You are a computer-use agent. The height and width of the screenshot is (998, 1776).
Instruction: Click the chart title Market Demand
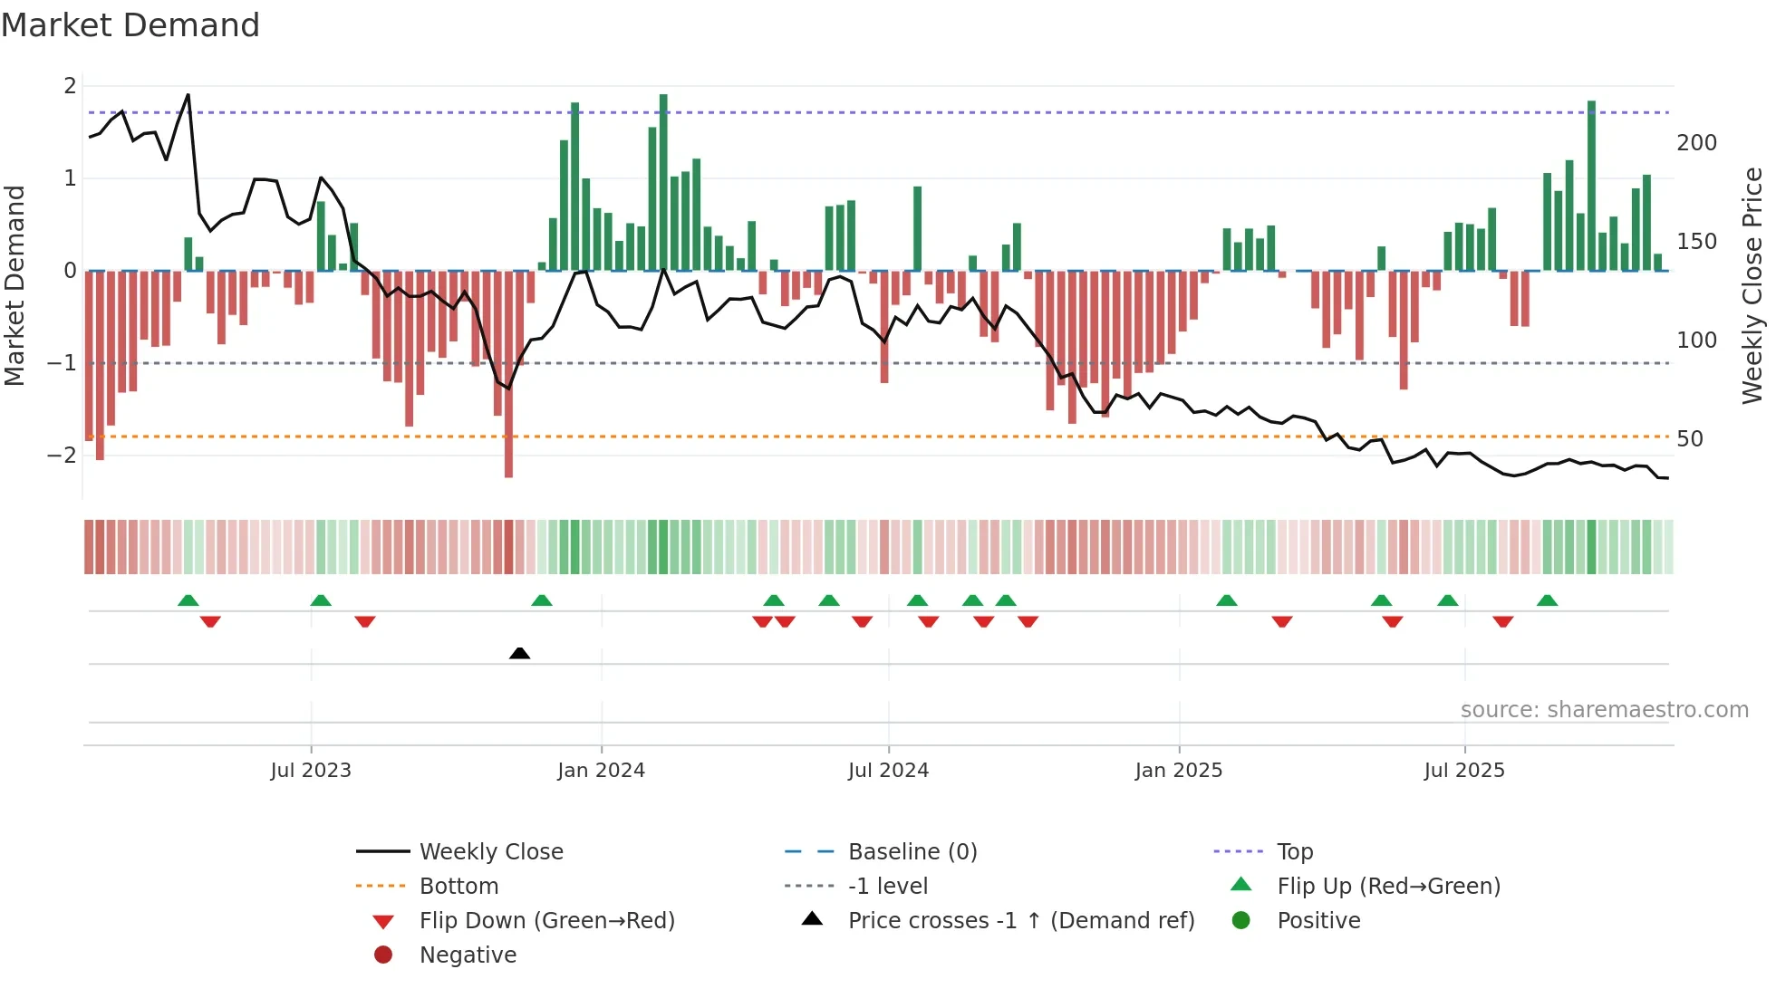pos(130,25)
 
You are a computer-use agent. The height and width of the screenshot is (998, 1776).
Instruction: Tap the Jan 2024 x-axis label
pos(601,771)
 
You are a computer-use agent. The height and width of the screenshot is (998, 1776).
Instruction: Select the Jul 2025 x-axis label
pos(1463,771)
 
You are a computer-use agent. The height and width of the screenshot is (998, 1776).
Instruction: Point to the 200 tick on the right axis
pos(1696,143)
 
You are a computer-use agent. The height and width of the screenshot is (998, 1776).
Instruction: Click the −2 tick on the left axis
pos(63,455)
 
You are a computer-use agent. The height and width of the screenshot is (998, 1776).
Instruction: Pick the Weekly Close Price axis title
pos(1752,285)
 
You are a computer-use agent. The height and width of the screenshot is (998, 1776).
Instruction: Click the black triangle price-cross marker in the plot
pos(519,653)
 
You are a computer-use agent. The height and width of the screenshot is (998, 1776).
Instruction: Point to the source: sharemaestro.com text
pos(1604,710)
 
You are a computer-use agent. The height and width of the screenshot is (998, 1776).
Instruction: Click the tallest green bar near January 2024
pos(663,181)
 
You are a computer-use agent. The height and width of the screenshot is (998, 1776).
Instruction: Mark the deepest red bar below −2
pos(508,380)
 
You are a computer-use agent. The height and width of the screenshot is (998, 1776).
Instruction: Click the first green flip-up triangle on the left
pos(188,600)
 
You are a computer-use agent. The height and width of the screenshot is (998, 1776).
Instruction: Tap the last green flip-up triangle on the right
pos(1547,600)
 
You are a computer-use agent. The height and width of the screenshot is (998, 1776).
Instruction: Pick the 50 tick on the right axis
pos(1689,439)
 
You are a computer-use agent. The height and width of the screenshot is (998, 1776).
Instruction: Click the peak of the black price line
pos(188,94)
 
